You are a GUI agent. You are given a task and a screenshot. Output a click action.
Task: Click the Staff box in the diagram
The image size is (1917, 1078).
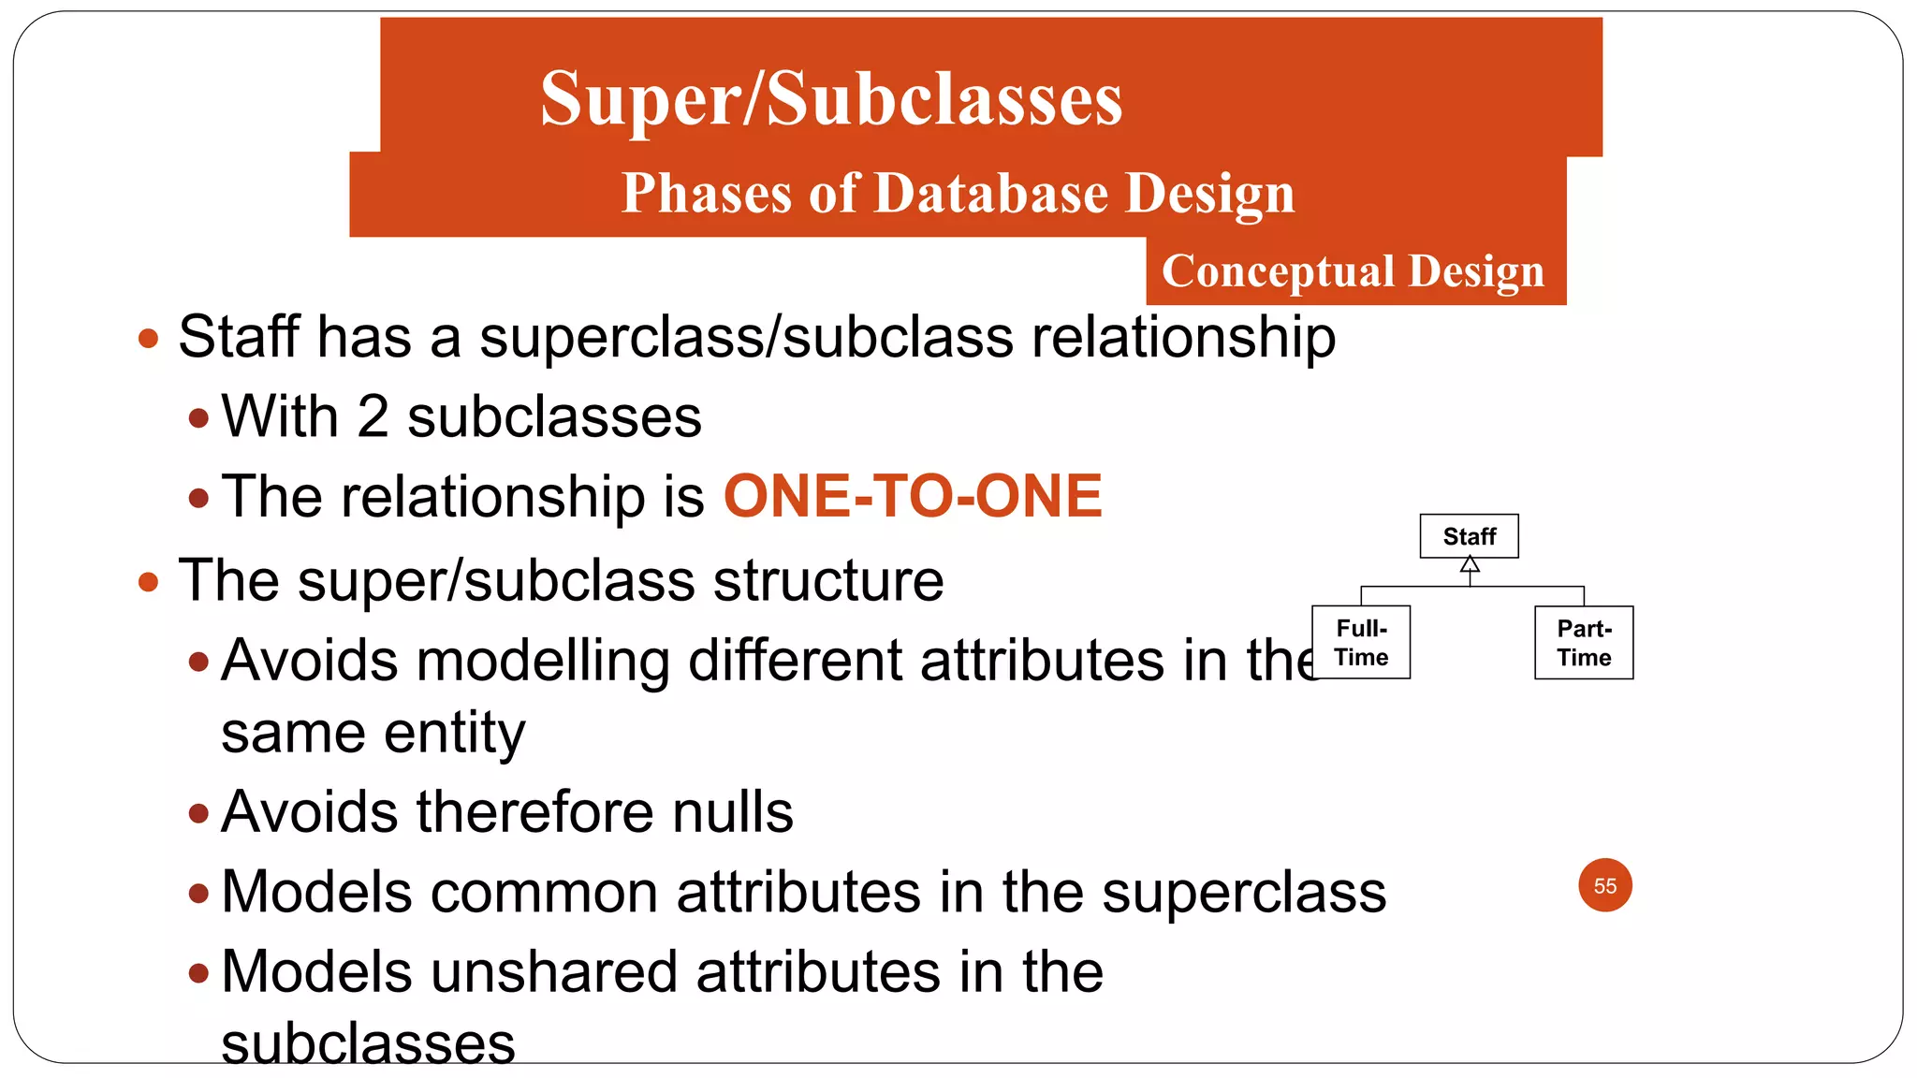point(1469,536)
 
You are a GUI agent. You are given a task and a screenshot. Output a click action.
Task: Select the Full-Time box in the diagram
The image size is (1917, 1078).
point(1361,643)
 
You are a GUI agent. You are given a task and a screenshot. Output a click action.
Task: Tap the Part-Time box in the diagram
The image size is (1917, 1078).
point(1584,643)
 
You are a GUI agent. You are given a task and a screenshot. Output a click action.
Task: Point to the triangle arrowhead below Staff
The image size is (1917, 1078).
point(1470,564)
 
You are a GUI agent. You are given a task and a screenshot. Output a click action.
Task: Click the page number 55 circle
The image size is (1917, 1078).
point(1604,885)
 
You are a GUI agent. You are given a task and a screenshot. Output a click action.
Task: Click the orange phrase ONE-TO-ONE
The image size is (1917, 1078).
point(913,496)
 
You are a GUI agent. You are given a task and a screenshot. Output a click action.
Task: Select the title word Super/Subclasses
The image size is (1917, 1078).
point(831,98)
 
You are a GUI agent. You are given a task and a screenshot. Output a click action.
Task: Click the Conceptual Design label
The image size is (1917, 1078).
point(1353,271)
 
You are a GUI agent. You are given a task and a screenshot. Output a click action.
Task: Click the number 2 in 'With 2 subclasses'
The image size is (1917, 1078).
point(373,416)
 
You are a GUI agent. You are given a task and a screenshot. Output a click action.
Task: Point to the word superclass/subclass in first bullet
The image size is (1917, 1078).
point(746,337)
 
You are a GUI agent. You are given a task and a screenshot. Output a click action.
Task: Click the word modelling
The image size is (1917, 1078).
point(543,662)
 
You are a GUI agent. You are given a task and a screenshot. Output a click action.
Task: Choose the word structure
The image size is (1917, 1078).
point(827,581)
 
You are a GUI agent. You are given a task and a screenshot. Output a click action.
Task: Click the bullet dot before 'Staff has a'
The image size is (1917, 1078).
point(148,338)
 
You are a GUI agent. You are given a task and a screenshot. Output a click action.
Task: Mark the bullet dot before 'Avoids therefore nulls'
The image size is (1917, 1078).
point(198,812)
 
